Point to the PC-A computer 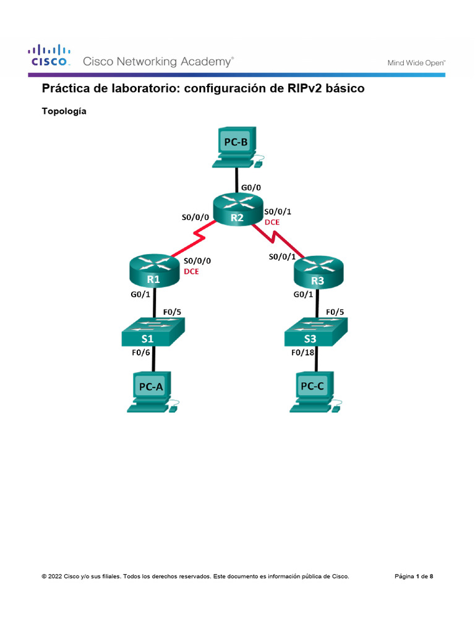(x=152, y=391)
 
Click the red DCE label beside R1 (x=192, y=271)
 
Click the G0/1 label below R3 (x=304, y=295)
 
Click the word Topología (x=64, y=112)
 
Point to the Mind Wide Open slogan (x=416, y=62)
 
